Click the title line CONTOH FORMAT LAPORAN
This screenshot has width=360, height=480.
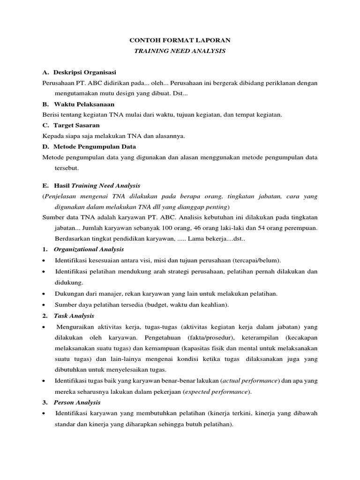180,41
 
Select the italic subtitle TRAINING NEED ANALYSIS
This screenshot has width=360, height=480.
180,51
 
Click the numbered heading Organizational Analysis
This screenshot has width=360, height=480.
89,249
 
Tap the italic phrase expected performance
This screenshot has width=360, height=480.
216,391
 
